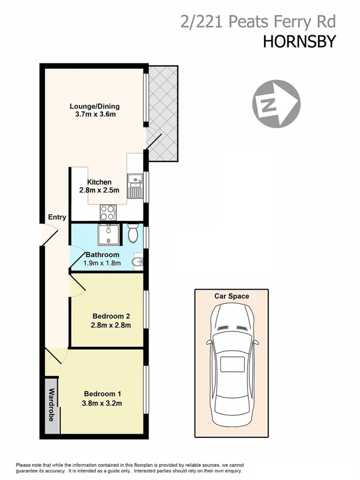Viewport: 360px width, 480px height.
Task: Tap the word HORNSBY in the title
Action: click(x=299, y=42)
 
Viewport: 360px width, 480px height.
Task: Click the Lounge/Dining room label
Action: click(x=94, y=106)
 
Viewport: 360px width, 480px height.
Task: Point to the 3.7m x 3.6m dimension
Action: click(x=94, y=114)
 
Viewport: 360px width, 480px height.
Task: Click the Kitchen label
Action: click(x=100, y=182)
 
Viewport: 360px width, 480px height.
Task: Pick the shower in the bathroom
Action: click(x=109, y=235)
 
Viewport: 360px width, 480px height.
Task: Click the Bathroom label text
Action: click(x=101, y=255)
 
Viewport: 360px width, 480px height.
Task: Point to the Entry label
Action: click(x=57, y=217)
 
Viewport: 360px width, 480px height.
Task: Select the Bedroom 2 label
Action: click(x=111, y=315)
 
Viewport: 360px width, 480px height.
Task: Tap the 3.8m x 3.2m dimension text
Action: click(x=103, y=403)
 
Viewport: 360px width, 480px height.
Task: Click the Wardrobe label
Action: click(x=52, y=405)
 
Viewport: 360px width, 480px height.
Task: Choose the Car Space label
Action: click(x=231, y=296)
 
